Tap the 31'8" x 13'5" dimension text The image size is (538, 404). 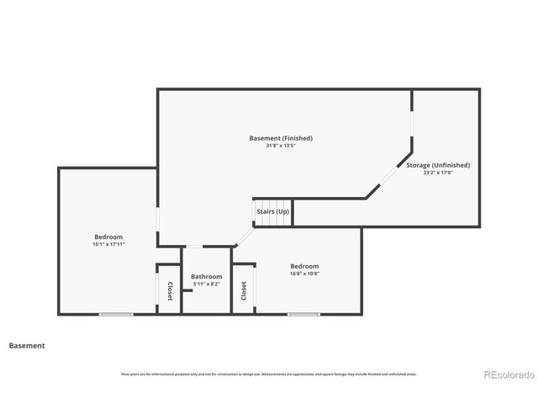coord(281,146)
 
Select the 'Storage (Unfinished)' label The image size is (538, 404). coord(437,165)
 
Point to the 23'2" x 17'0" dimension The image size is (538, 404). coord(437,173)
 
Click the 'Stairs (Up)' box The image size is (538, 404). coord(272,211)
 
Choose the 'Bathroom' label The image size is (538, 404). coord(206,276)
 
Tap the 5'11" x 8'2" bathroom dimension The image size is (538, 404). coord(206,284)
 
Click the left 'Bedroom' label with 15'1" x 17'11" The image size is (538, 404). coord(108,237)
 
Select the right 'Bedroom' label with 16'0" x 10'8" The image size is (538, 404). coord(304,266)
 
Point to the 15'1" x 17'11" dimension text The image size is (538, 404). coord(108,244)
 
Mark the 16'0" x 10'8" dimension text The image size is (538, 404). coord(304,274)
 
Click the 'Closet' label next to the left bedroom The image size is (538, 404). coord(169,291)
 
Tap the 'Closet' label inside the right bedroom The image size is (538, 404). coord(244,291)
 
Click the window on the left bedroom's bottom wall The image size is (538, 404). coord(116,315)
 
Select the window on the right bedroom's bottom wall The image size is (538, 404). coord(303,315)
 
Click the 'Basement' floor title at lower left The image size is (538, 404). coord(27,345)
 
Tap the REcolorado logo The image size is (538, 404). coord(507,375)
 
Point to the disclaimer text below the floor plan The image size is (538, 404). coord(268,374)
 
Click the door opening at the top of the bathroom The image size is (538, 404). coord(194,247)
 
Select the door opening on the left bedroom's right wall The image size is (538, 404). coord(157,226)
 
